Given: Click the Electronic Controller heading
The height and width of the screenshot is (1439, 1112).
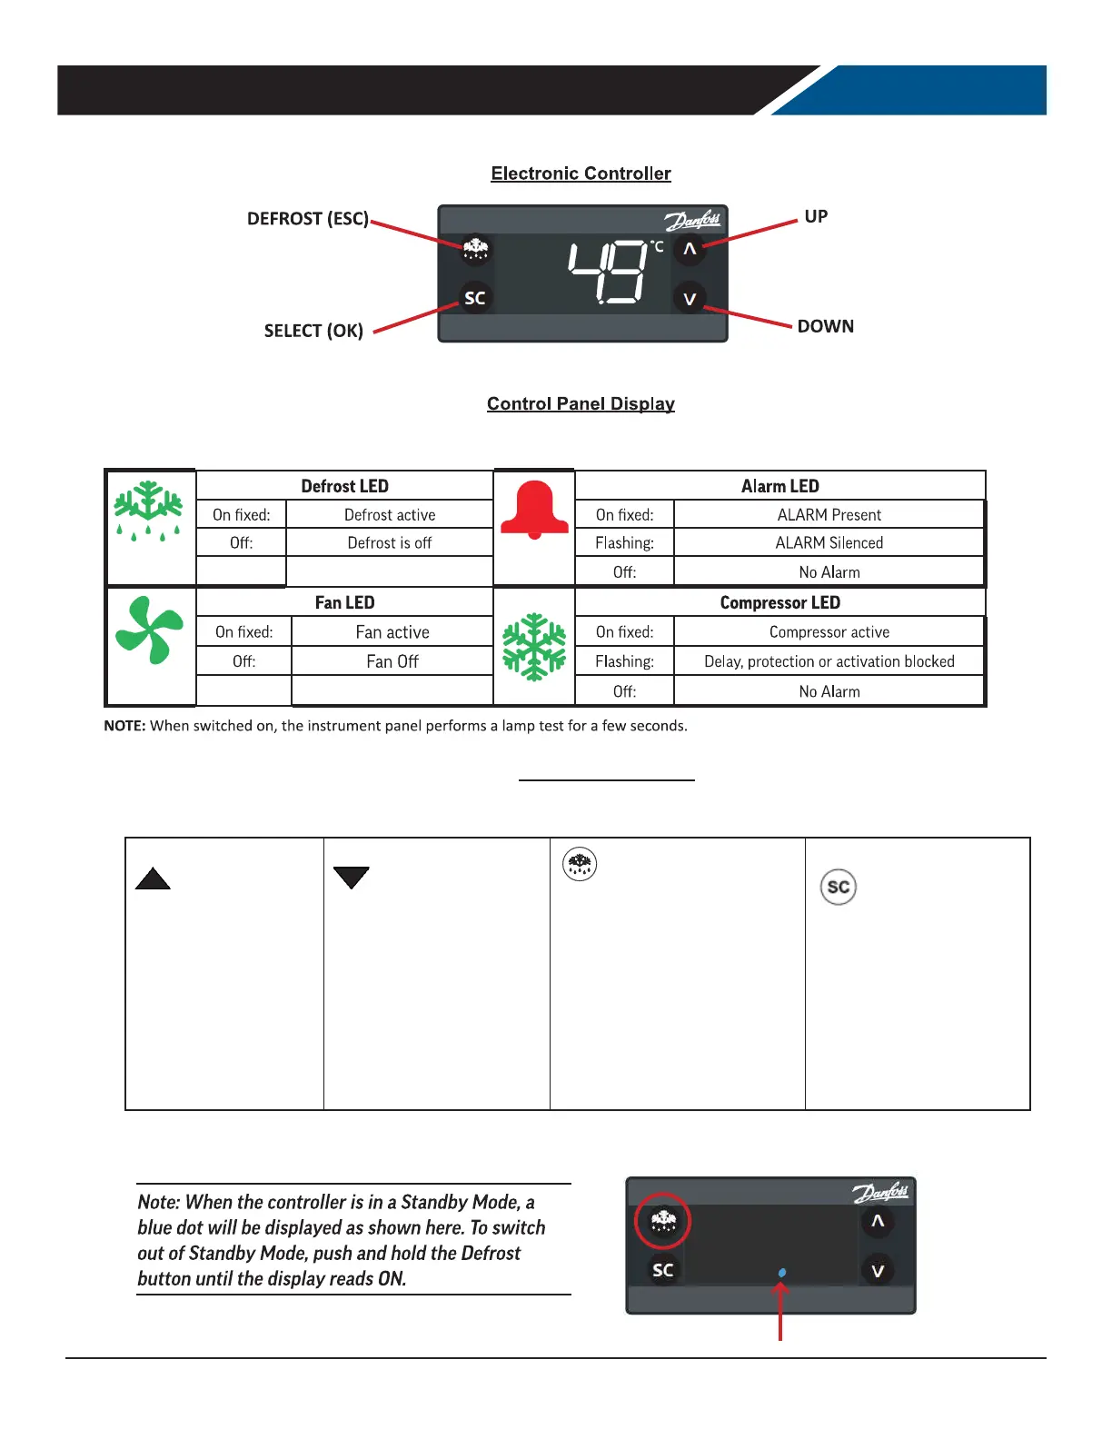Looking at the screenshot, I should pos(581,174).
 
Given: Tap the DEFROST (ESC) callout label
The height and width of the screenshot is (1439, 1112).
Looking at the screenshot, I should pos(308,219).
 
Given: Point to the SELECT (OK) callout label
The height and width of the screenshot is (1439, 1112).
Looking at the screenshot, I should pos(313,331).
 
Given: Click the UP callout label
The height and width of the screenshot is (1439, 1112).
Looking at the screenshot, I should pos(816,216).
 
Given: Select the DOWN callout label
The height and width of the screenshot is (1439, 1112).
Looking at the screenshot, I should pos(825,326).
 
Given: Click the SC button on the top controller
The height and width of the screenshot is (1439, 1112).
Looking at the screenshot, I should pos(475,298).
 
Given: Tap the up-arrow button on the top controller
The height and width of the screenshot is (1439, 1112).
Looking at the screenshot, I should pos(690,249).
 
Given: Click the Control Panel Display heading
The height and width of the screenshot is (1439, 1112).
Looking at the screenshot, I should pos(581,403).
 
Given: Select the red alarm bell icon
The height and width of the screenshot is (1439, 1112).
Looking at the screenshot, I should pos(534,510).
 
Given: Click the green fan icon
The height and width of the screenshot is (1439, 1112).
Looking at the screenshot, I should pos(149,630).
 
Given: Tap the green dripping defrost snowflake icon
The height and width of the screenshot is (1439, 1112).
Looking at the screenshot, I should pos(147,511).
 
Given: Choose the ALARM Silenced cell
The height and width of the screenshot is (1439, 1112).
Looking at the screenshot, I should pos(829,543).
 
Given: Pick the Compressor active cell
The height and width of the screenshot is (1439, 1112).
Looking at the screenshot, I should pos(829,632).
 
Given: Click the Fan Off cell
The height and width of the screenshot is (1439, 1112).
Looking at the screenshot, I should pos(392,661).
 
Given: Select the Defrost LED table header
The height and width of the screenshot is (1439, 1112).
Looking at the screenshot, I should pos(344,486).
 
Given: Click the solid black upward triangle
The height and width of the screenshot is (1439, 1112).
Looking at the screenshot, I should pos(153,878).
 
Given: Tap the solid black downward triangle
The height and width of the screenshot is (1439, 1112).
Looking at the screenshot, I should pos(351,877).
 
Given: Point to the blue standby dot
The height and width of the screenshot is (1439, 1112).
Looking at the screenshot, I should pos(782,1273).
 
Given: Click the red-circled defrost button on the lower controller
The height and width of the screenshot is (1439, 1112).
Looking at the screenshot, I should pos(663,1221).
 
